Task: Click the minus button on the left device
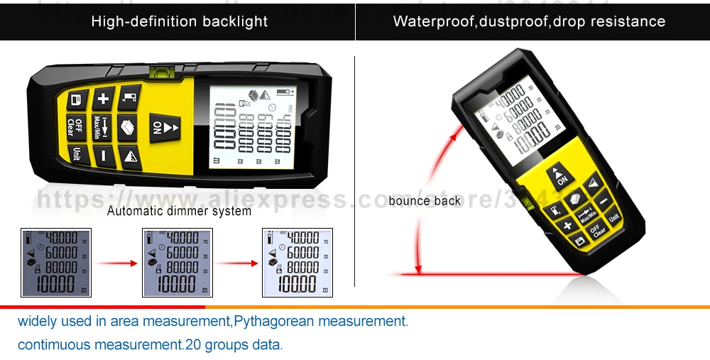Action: (104, 154)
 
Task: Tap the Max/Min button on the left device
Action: (99, 126)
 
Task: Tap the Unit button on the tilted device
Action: (615, 215)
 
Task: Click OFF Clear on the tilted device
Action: (599, 231)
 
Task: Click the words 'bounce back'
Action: (425, 201)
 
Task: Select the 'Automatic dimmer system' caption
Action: (179, 211)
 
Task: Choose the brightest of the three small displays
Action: (297, 263)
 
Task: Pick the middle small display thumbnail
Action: (177, 263)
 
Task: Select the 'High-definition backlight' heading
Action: (179, 21)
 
